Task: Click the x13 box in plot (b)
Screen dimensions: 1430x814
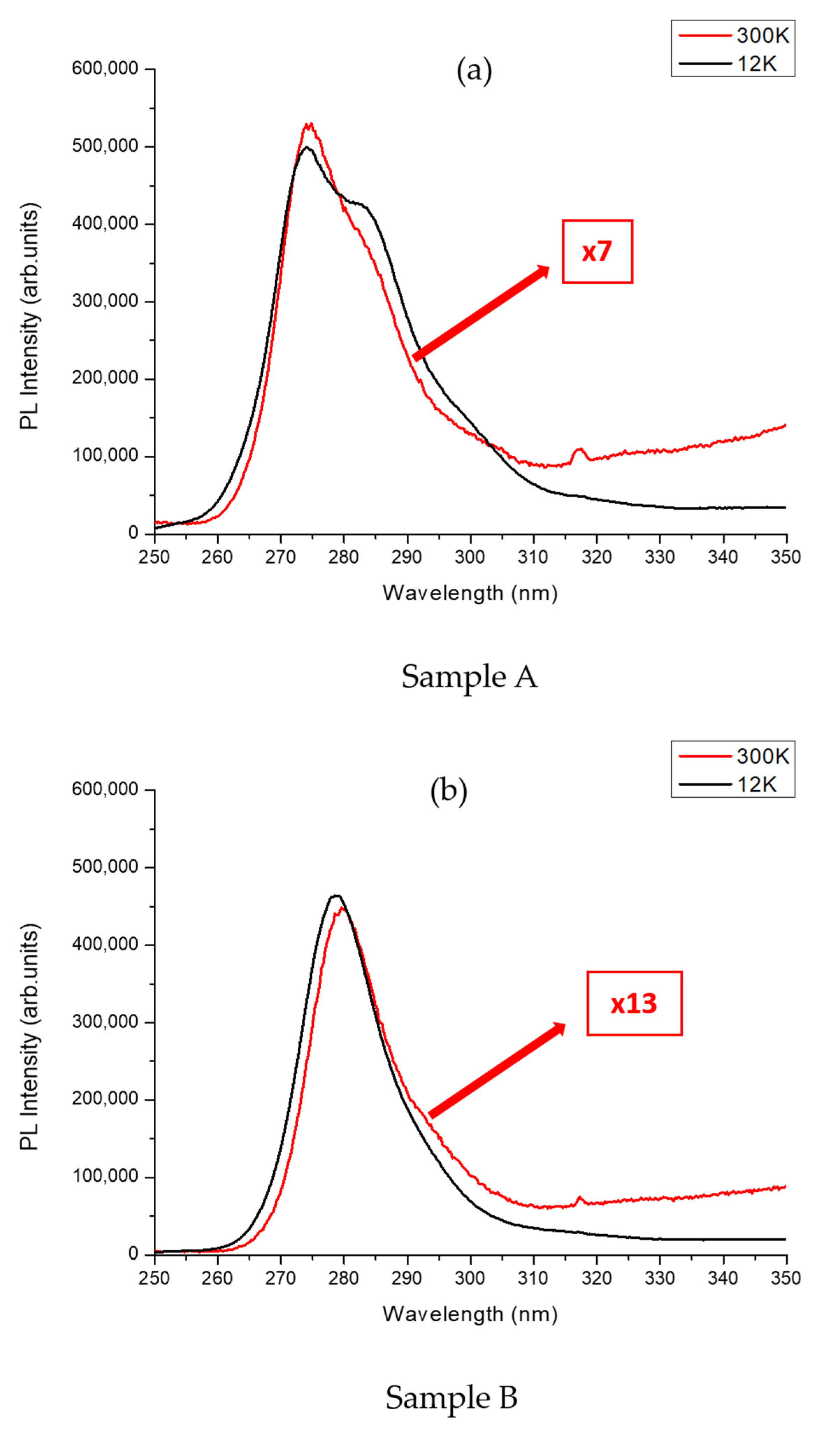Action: pos(634,1003)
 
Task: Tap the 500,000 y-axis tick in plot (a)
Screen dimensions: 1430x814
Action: pos(104,146)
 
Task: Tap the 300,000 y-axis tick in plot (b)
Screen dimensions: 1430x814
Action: pos(104,1022)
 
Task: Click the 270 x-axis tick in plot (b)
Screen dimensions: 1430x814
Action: pos(281,1278)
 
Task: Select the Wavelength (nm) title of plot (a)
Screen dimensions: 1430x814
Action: pos(470,593)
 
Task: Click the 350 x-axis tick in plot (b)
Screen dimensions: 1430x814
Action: pos(786,1278)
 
